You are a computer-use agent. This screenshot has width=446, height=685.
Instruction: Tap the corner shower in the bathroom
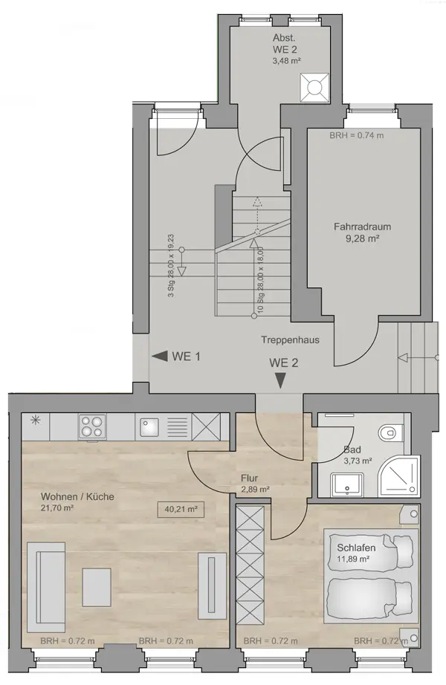(398, 477)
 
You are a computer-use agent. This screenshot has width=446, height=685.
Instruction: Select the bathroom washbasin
(347, 485)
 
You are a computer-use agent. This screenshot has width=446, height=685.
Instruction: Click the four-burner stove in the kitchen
(92, 426)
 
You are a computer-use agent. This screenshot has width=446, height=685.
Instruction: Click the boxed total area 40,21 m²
(181, 509)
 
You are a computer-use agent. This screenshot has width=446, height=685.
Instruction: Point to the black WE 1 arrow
(160, 356)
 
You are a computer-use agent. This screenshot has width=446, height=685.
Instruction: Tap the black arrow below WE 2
(280, 380)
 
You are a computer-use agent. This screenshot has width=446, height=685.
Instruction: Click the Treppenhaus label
(291, 340)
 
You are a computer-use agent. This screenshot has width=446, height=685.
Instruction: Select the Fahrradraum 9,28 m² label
(362, 233)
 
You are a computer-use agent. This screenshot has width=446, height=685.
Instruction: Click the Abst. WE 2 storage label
(285, 49)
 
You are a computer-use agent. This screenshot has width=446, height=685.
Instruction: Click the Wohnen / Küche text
(77, 497)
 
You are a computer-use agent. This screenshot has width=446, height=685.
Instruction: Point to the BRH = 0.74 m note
(356, 135)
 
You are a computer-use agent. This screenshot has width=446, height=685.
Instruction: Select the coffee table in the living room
(97, 587)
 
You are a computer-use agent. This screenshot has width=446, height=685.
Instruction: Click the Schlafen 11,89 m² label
(356, 553)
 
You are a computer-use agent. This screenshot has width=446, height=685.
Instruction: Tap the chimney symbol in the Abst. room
(314, 88)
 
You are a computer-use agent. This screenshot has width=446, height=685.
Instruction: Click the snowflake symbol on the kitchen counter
(36, 421)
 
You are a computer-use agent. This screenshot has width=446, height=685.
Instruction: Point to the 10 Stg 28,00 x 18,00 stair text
(261, 280)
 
